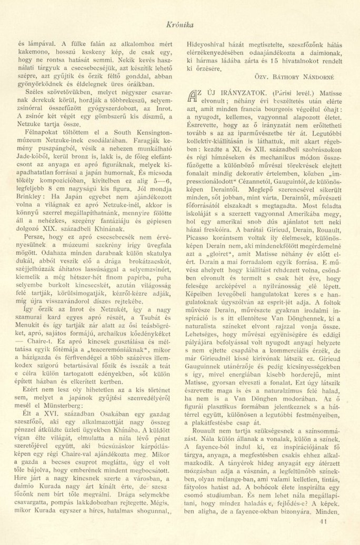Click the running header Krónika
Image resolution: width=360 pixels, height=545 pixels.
point(180,23)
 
